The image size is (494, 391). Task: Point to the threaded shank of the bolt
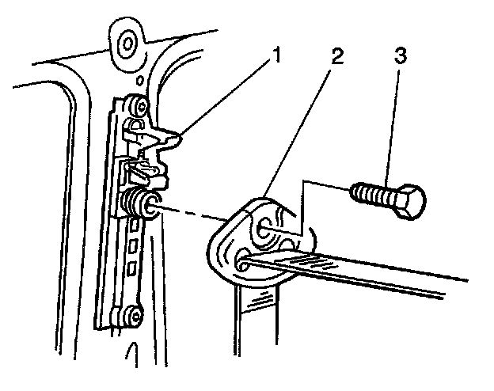click(372, 193)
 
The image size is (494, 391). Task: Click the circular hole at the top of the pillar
click(126, 40)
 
